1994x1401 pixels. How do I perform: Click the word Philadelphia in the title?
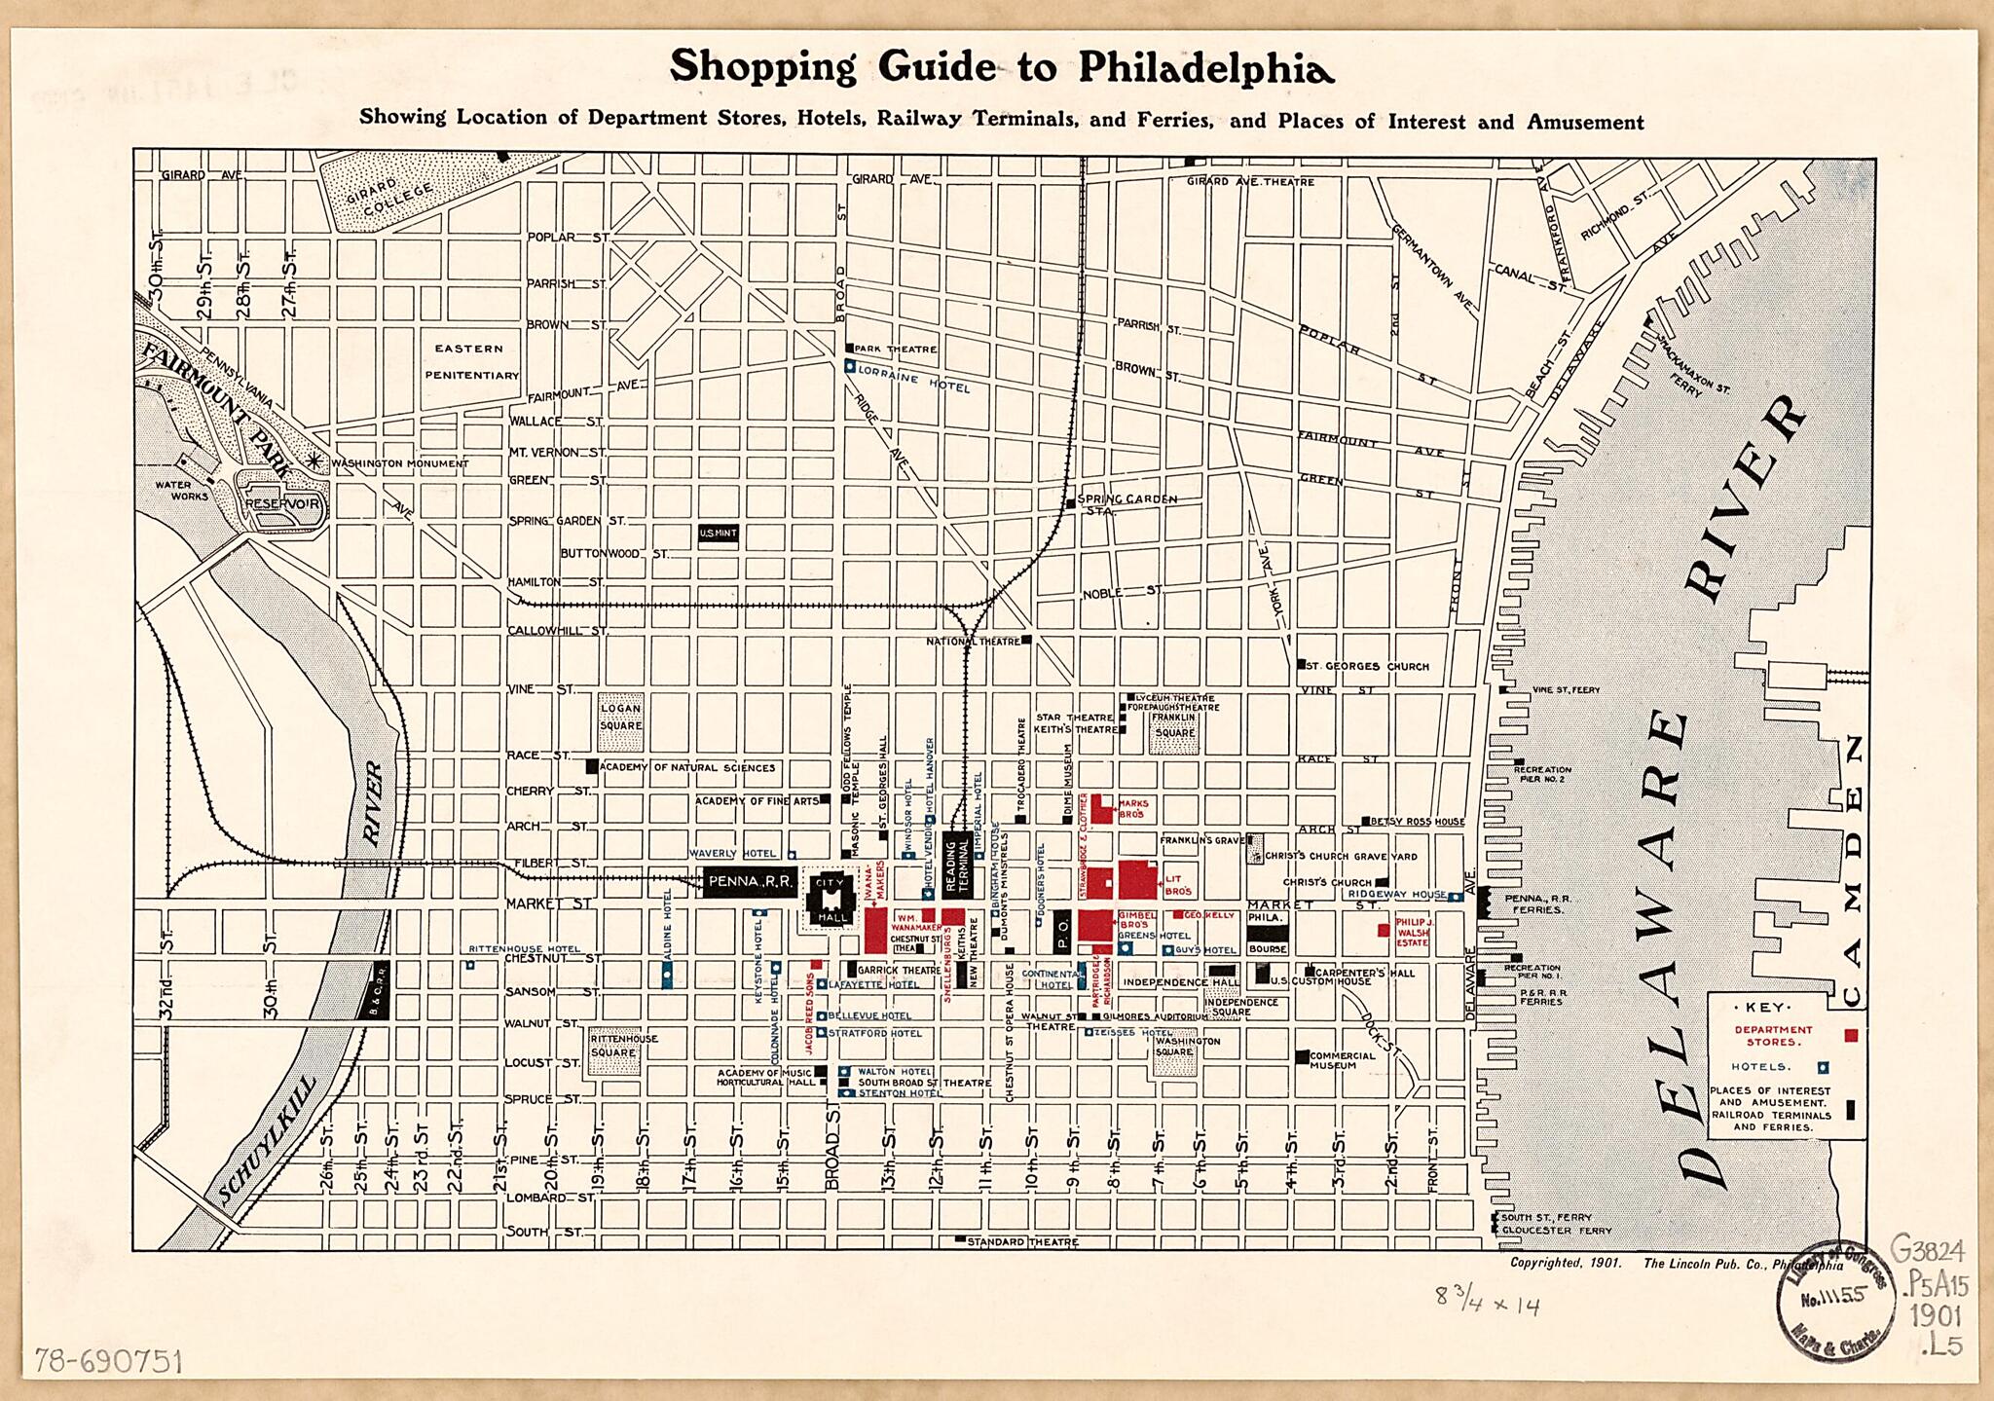point(1205,67)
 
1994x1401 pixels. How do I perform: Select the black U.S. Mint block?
point(719,534)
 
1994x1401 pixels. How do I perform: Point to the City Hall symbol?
point(832,901)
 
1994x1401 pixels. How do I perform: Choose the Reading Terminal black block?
point(958,866)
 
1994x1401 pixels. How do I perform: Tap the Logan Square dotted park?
point(621,721)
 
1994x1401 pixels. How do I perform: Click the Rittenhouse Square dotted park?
point(614,1051)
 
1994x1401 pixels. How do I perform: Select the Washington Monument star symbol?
point(315,461)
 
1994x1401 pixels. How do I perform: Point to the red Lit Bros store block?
point(1136,880)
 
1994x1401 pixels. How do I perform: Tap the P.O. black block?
point(1063,931)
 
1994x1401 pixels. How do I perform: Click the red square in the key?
point(1850,1035)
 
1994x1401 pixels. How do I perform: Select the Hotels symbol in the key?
point(1824,1067)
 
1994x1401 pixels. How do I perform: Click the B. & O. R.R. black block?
point(378,990)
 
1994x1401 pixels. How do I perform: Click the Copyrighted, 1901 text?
point(1566,1263)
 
